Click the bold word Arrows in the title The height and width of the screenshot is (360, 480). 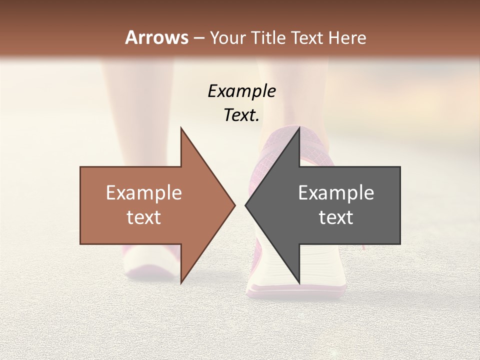pos(157,37)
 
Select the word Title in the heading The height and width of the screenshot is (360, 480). pos(270,38)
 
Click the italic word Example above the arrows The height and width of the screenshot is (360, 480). pos(241,91)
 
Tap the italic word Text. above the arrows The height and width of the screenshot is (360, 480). pos(241,115)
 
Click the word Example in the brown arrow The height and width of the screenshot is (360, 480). pos(144,193)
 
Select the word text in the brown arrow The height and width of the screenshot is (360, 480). pos(144,217)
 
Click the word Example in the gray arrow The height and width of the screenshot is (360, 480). pos(336,193)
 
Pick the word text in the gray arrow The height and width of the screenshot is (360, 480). pos(336,217)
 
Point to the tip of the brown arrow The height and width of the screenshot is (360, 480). pos(234,205)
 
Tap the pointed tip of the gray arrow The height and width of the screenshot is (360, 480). pos(245,205)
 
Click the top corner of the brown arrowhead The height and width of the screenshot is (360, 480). pos(181,128)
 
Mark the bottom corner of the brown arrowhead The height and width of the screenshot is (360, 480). pos(181,283)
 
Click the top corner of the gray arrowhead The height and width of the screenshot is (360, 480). pos(299,128)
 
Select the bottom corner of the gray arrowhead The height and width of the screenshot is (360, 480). pos(299,283)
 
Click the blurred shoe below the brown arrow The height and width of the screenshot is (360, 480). pos(150,262)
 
